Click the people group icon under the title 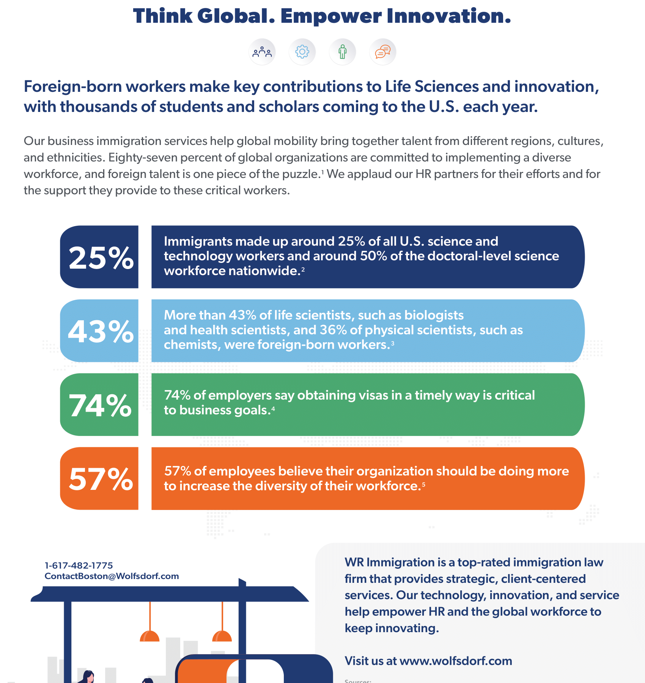(x=262, y=52)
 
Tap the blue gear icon (x=302, y=52)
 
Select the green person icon (x=343, y=52)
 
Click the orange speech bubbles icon (x=383, y=52)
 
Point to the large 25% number (x=101, y=258)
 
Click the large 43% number (x=101, y=332)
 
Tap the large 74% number (x=100, y=406)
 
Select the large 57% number (x=101, y=479)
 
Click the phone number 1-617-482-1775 (x=79, y=565)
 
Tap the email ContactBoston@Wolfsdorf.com (x=112, y=576)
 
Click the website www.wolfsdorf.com (x=456, y=661)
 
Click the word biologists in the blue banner (x=434, y=315)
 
